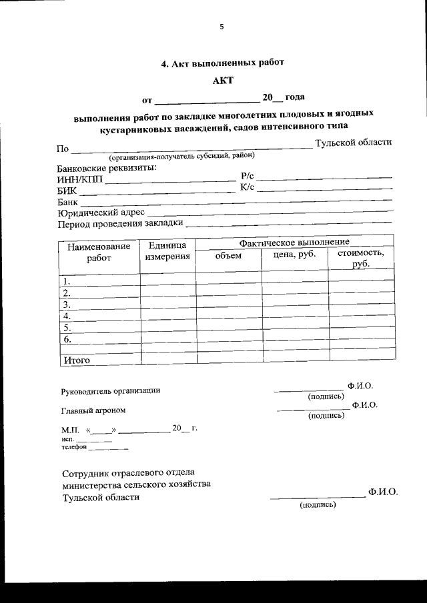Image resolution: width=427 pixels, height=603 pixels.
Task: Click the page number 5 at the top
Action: coord(222,27)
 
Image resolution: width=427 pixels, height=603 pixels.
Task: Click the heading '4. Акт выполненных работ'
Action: coord(222,64)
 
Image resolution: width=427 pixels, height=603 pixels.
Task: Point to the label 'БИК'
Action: coord(67,191)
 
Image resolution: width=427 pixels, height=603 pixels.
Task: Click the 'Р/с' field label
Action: coord(246,177)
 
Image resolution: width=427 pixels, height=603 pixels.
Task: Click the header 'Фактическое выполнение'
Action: coord(294,241)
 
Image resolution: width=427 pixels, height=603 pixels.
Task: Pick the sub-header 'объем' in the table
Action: coord(228,256)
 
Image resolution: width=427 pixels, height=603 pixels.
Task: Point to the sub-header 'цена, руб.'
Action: coord(294,254)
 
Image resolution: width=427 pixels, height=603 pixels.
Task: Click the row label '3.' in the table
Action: coord(67,304)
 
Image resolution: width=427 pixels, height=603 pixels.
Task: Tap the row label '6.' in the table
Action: coord(67,339)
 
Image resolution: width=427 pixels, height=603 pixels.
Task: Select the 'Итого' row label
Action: coord(76,360)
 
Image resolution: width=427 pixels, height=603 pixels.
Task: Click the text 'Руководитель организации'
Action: coord(110,391)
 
